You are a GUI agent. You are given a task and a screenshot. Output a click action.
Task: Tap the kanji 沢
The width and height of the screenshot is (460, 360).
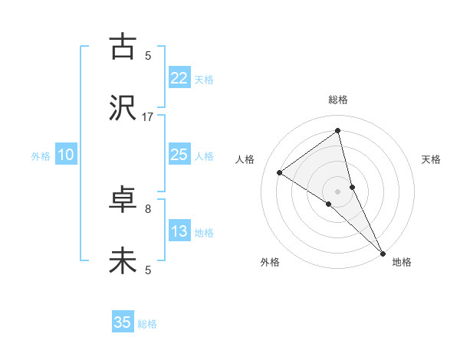tap(123, 108)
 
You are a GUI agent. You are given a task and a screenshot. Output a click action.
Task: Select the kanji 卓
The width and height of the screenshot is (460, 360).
tap(123, 201)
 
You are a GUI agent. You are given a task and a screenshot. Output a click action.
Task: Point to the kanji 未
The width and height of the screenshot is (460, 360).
tap(123, 262)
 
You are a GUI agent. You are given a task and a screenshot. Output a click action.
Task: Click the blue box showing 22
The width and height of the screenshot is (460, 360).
tap(179, 78)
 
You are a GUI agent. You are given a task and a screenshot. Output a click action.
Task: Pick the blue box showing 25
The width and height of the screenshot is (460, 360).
tap(179, 155)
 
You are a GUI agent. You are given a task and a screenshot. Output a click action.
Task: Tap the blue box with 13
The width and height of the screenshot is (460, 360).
tap(179, 231)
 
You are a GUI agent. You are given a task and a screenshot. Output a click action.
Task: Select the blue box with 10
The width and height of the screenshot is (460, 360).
tap(66, 155)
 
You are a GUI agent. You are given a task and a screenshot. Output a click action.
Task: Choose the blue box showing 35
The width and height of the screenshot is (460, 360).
tap(123, 322)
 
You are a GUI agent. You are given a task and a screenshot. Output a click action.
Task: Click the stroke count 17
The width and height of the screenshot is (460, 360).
tap(148, 116)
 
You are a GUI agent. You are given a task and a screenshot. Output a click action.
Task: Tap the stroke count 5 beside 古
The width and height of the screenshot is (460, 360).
tap(148, 55)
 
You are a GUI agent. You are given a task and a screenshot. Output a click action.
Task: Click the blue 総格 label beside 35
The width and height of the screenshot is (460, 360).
tap(147, 324)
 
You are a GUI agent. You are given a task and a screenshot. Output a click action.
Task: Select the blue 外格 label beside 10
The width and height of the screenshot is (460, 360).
tap(41, 156)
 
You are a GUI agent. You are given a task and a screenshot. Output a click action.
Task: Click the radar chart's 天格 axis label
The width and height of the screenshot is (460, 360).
tap(432, 159)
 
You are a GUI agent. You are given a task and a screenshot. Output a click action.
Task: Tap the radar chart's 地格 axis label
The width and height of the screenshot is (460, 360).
tap(402, 262)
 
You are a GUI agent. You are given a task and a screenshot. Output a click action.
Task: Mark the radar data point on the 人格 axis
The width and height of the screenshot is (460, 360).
tap(280, 172)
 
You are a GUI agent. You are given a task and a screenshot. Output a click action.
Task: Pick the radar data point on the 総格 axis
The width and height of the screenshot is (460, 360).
tap(338, 130)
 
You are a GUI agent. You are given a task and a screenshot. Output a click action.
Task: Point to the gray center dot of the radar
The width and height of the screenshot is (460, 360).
tap(338, 191)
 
